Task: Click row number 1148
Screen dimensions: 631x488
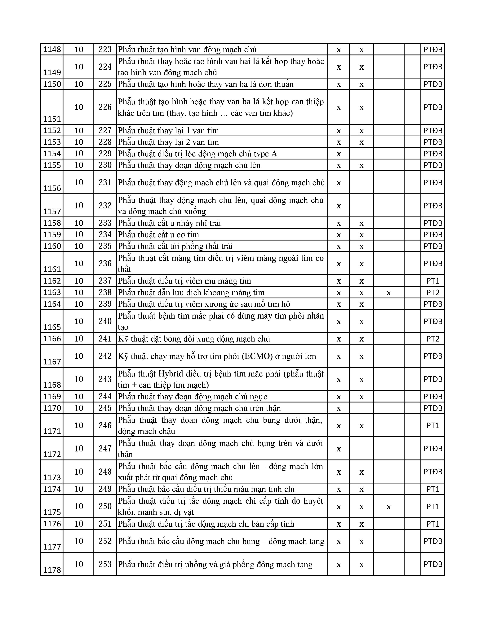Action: pos(52,49)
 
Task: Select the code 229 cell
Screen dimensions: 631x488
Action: pos(105,153)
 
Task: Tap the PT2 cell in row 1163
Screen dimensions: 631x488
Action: pos(433,292)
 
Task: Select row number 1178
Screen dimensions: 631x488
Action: pos(52,570)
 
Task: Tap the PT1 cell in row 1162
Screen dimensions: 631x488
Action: pos(433,281)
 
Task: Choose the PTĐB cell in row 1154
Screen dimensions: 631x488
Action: pos(433,153)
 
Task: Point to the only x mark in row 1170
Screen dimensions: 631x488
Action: pos(339,408)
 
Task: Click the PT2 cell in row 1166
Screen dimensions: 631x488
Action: pos(433,339)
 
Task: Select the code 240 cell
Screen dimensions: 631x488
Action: pos(105,321)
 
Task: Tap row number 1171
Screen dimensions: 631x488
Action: pos(52,431)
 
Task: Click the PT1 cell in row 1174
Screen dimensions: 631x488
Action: pos(433,489)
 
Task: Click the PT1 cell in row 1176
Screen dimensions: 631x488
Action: pos(433,524)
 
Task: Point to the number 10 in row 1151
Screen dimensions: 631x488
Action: pos(79,107)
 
